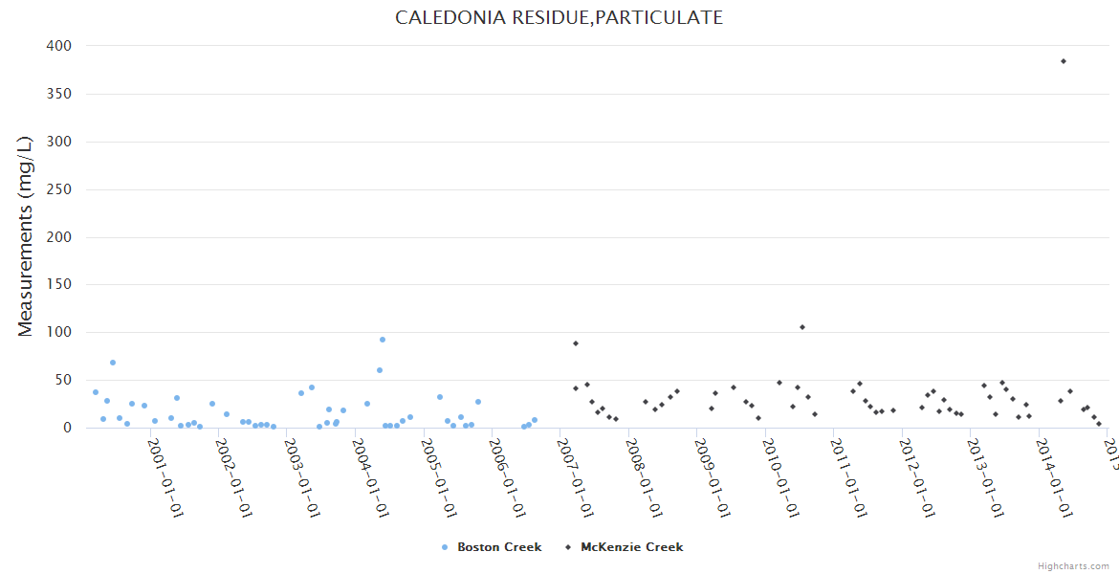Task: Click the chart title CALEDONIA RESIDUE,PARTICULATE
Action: pos(559,18)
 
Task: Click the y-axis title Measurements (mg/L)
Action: pos(26,236)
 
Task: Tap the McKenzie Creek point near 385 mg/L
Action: pos(1063,61)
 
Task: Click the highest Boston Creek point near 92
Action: pos(383,340)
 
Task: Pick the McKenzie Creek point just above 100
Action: pos(802,327)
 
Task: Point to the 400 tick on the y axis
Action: pos(58,46)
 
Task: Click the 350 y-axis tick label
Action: pos(58,94)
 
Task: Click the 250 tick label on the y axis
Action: pos(58,189)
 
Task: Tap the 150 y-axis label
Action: pos(58,285)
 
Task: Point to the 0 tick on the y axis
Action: pos(67,428)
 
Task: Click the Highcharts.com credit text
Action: pos(1073,566)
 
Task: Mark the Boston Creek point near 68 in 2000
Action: pos(113,363)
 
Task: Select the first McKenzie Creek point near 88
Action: pos(576,343)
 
